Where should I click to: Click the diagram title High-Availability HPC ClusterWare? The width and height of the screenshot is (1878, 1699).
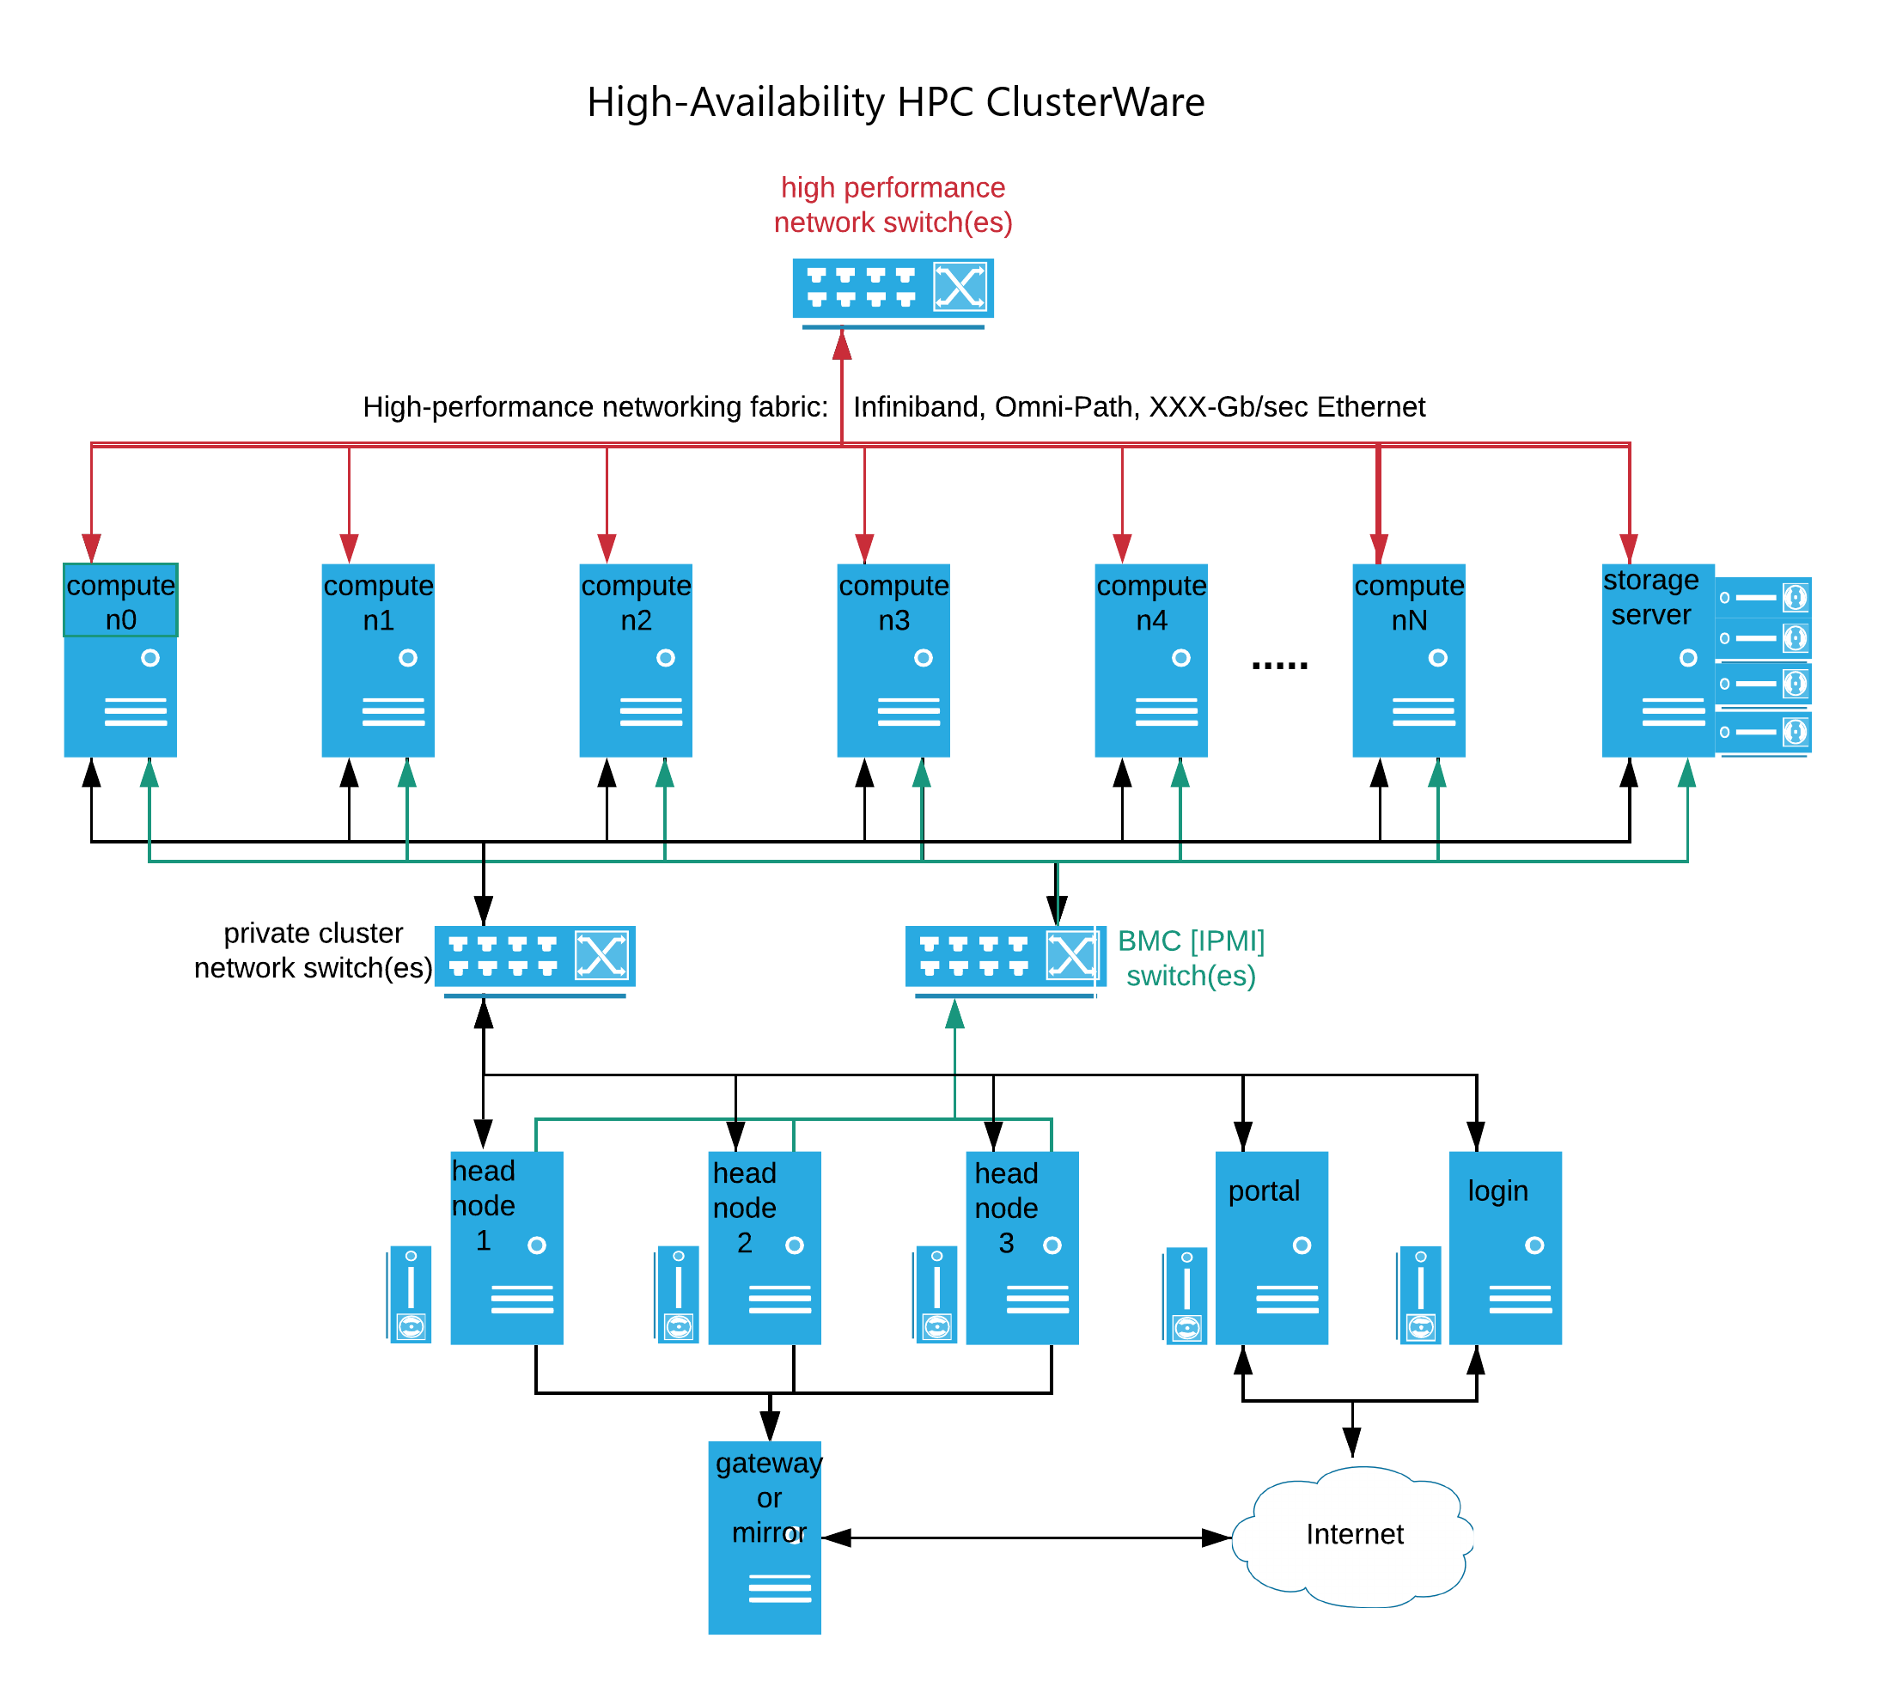895,101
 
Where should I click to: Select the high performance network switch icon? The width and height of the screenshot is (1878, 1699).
893,289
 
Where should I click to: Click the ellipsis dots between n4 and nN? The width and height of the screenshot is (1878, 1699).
1280,665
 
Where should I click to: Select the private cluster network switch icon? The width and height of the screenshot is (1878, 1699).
534,957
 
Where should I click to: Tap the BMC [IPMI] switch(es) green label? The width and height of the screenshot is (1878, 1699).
1191,958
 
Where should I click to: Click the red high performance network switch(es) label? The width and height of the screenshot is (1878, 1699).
893,205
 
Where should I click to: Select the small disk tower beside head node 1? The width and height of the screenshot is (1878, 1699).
411,1294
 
